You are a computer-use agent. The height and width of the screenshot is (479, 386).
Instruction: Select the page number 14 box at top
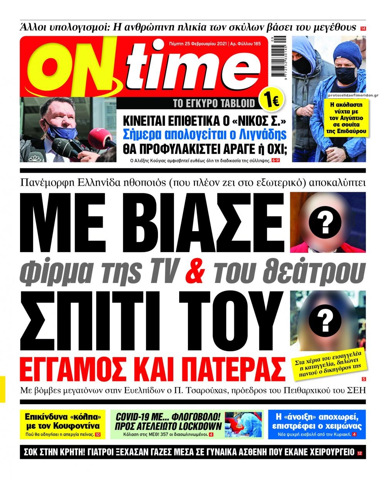coord(363,28)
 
